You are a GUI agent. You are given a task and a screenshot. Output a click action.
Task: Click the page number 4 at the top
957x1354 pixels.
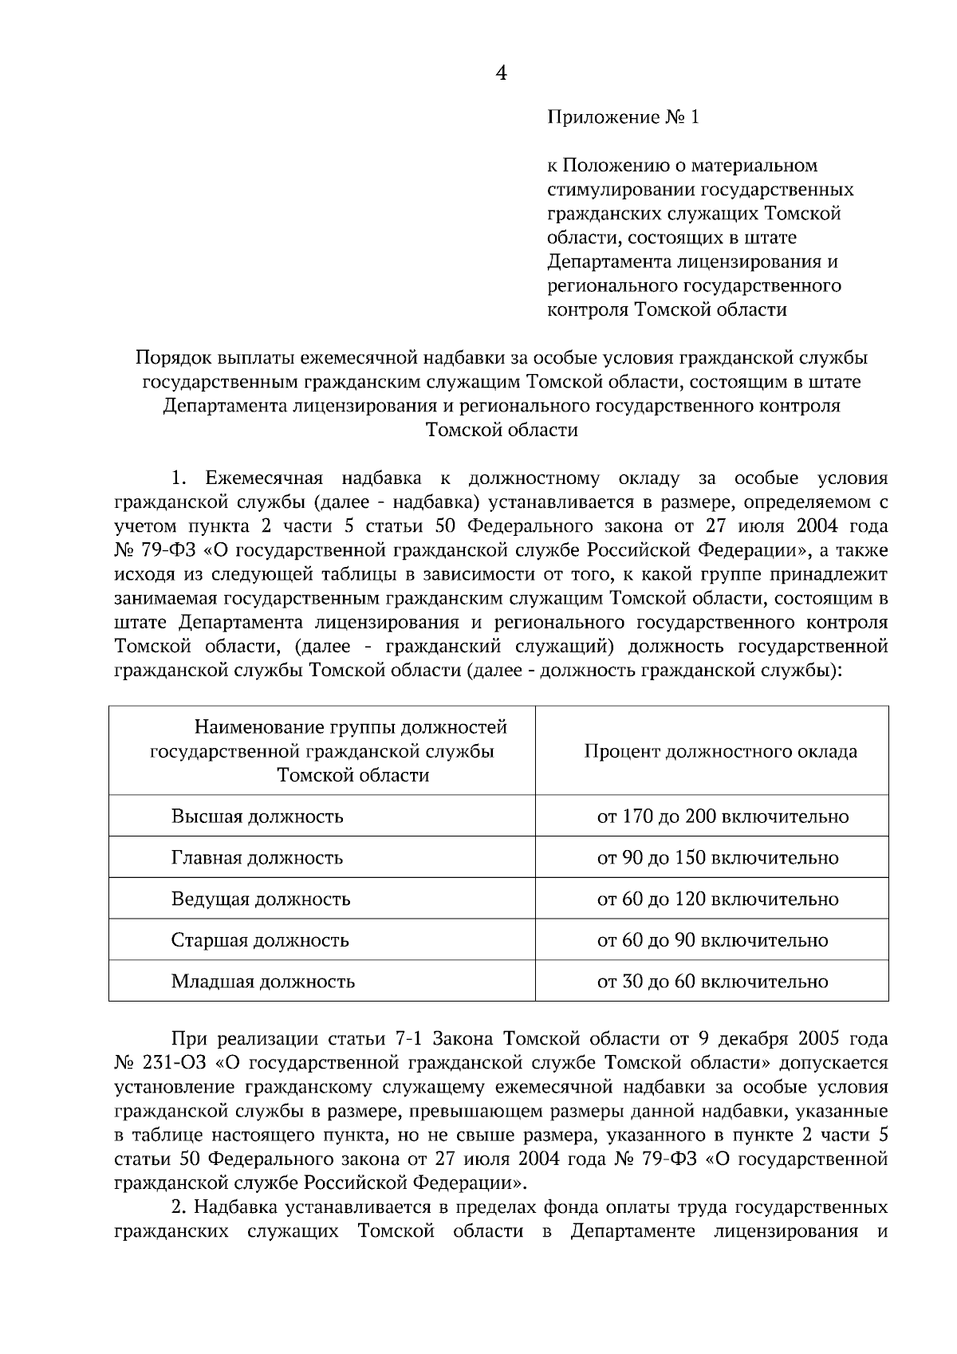tap(501, 73)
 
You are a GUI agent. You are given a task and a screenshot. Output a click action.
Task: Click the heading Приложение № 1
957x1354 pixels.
tap(622, 118)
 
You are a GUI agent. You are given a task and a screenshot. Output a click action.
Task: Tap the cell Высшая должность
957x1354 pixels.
tap(257, 817)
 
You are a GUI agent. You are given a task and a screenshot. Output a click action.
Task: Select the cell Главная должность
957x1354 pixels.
tap(257, 858)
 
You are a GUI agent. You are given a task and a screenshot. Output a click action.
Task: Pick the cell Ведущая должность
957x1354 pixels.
tap(261, 899)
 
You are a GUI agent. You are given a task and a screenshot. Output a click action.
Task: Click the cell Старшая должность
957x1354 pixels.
tap(260, 940)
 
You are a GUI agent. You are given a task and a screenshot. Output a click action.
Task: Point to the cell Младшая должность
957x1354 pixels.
tap(262, 982)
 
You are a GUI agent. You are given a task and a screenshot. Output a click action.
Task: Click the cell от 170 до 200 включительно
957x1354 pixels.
tap(723, 817)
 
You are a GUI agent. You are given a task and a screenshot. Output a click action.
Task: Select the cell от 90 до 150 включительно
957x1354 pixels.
tap(718, 858)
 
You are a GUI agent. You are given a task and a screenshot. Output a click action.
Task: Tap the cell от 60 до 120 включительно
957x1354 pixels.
tap(718, 899)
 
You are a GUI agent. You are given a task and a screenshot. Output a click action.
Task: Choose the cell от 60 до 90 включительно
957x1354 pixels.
tap(712, 940)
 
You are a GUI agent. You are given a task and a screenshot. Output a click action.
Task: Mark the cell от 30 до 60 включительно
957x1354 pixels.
tap(712, 982)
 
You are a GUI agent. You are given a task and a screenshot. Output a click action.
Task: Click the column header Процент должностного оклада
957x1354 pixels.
tap(720, 752)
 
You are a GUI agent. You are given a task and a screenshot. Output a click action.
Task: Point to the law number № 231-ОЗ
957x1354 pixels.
tap(161, 1063)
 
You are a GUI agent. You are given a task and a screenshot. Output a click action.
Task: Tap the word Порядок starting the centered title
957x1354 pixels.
tap(171, 358)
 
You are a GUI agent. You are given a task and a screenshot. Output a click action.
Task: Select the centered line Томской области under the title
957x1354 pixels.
tap(501, 431)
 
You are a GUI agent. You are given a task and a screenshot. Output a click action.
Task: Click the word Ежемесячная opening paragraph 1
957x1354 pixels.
tap(263, 478)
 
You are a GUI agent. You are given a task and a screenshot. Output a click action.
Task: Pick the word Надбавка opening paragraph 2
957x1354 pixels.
tap(236, 1206)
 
